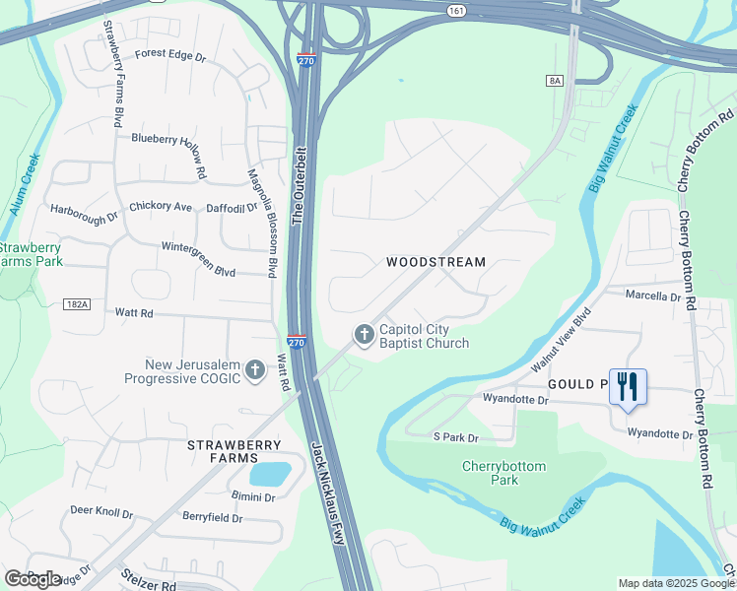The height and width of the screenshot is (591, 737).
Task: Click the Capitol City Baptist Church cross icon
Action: (x=364, y=335)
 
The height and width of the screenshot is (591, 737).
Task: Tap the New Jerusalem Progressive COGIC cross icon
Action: (x=255, y=370)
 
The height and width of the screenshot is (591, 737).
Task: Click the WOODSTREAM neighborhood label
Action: (x=435, y=262)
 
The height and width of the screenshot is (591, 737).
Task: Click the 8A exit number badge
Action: (x=556, y=81)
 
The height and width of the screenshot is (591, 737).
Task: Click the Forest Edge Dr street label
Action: (x=170, y=56)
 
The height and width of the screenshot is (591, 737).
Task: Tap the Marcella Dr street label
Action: (x=654, y=295)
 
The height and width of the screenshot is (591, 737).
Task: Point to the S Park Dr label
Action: (x=455, y=437)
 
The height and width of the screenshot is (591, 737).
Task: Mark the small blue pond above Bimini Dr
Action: (x=268, y=474)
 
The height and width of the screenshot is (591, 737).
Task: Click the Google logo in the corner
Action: (x=32, y=578)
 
